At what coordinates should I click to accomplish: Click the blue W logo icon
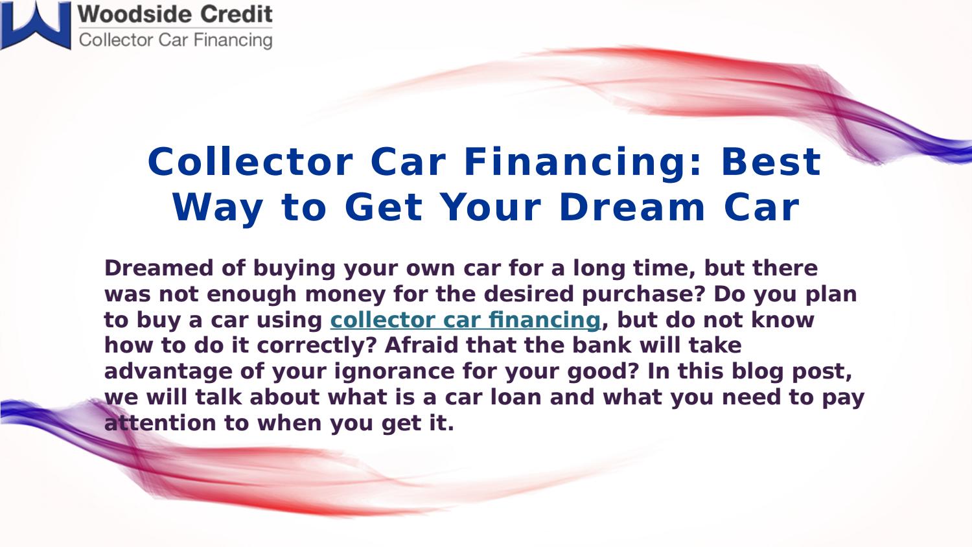(36, 25)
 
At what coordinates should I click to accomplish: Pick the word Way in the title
(218, 207)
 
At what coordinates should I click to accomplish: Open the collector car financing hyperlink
(465, 320)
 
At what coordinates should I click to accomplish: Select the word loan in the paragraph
(515, 397)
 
